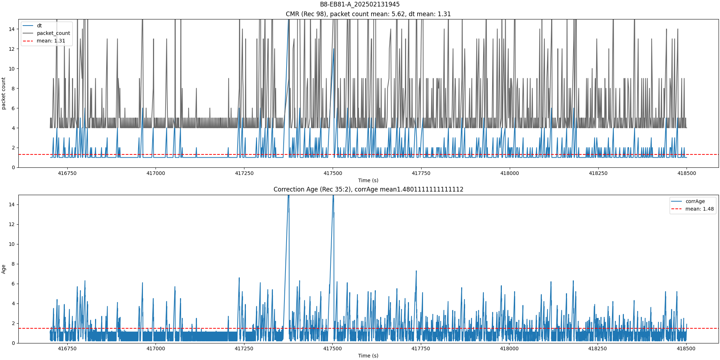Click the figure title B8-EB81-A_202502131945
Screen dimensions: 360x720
click(x=360, y=4)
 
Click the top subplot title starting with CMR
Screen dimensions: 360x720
click(x=368, y=14)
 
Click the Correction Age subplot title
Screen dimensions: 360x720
click(x=368, y=189)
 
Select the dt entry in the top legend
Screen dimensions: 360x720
click(x=39, y=26)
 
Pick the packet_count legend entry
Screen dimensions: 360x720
click(x=53, y=33)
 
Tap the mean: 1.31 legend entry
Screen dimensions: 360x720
click(x=51, y=41)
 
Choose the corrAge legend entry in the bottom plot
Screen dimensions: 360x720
click(x=695, y=201)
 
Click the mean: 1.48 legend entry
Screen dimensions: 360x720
click(x=699, y=209)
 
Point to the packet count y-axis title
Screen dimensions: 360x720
click(x=4, y=93)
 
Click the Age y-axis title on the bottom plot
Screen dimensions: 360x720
click(x=4, y=269)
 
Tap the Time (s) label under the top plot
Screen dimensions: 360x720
click(x=368, y=180)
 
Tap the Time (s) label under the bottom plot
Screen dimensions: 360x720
click(x=368, y=356)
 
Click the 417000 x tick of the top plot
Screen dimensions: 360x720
click(x=156, y=173)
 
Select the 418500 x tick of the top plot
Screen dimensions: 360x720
click(x=687, y=173)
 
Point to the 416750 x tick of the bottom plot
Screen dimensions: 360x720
click(x=67, y=348)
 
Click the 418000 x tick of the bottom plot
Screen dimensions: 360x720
click(x=509, y=348)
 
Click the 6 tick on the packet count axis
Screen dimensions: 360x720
click(x=13, y=108)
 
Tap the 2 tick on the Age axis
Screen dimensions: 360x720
click(x=13, y=323)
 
